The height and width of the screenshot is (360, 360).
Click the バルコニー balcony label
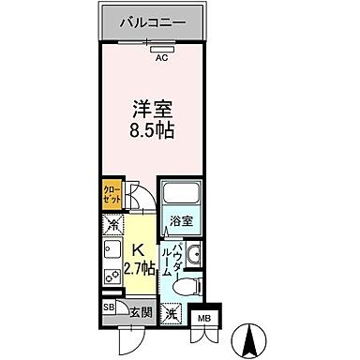153,22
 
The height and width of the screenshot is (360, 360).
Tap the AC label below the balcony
161,57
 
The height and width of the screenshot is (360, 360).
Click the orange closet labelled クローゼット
110,197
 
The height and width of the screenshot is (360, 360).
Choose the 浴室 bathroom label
182,222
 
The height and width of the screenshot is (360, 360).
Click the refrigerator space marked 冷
112,225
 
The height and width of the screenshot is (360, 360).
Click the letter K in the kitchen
137,251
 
